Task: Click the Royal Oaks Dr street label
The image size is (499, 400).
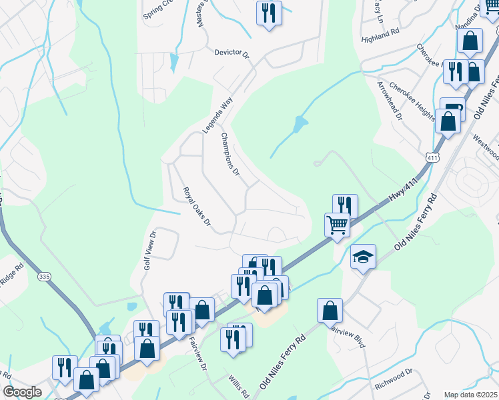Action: (x=197, y=206)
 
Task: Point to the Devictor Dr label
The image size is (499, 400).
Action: (x=231, y=52)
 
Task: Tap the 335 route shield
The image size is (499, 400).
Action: (x=45, y=277)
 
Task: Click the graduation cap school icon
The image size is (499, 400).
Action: (x=363, y=257)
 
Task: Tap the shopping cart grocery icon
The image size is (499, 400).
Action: (x=338, y=225)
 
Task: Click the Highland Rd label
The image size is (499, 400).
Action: (x=380, y=31)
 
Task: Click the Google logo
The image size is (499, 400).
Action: (x=22, y=392)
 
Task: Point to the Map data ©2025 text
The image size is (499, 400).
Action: (x=470, y=395)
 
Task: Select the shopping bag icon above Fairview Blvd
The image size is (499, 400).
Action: (x=330, y=310)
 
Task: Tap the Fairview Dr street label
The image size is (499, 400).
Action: (x=199, y=347)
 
